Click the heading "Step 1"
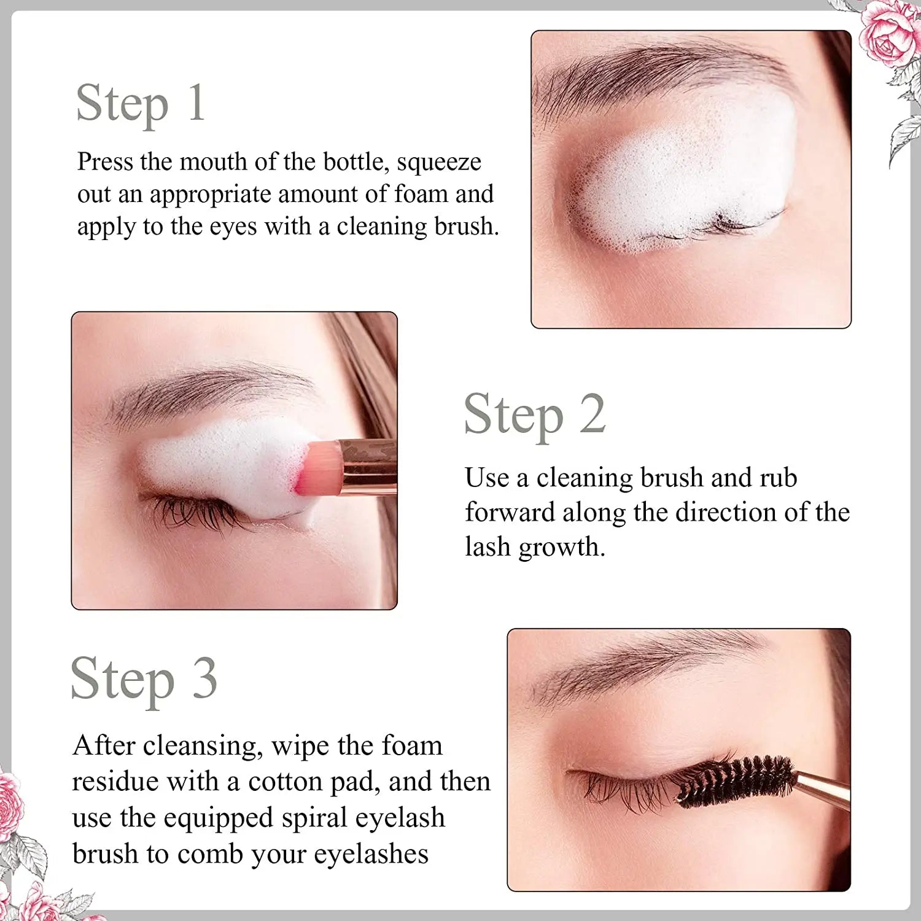(140, 104)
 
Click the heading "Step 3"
(144, 679)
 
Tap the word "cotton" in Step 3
(285, 782)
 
